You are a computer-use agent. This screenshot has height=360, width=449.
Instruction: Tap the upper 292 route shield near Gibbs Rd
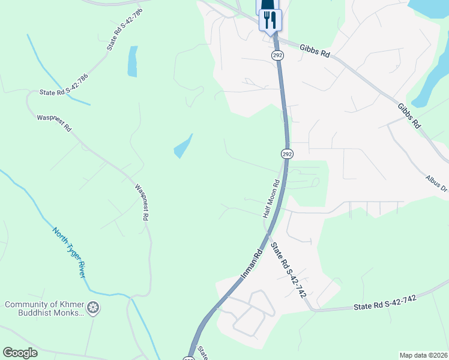click(277, 55)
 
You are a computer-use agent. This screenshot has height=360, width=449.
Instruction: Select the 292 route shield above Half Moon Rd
click(287, 154)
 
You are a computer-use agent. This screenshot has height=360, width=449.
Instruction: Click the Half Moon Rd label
click(271, 199)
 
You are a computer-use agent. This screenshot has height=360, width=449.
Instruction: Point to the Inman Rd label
click(252, 265)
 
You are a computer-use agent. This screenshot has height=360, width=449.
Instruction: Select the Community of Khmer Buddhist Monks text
click(43, 309)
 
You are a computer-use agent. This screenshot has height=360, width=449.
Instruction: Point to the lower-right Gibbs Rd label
click(409, 116)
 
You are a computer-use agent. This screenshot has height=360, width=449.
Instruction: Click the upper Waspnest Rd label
click(54, 123)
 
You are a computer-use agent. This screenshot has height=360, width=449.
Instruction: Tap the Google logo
click(20, 352)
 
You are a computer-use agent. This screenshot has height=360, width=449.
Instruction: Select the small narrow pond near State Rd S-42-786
click(132, 61)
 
